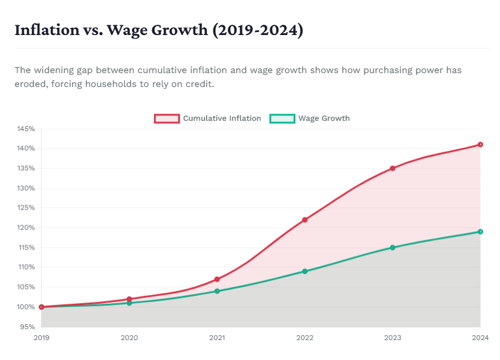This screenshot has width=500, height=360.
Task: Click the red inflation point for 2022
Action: [x=305, y=220]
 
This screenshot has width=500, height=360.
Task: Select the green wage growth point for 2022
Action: [x=305, y=271]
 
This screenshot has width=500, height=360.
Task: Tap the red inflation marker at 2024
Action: [x=480, y=144]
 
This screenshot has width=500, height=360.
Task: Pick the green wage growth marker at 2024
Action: [x=480, y=231]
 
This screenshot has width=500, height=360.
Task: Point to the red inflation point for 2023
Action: [x=392, y=168]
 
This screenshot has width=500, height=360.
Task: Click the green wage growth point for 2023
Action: [x=392, y=248]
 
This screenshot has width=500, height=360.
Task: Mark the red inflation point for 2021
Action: [x=217, y=279]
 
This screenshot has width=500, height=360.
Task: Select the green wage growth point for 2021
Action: [x=217, y=291]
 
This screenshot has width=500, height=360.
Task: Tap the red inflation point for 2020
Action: [x=129, y=299]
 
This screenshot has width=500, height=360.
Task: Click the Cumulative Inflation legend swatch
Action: [x=167, y=118]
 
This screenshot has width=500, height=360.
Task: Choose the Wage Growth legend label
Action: [x=323, y=118]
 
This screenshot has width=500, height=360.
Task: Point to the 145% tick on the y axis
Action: [x=26, y=129]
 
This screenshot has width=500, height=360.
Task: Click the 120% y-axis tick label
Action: [x=26, y=228]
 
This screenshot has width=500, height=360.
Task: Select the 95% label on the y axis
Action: [x=28, y=327]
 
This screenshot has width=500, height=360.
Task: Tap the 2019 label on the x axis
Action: [x=42, y=338]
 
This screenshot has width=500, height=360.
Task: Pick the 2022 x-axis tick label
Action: [x=305, y=338]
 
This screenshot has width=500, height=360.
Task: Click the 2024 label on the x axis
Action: [x=479, y=338]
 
